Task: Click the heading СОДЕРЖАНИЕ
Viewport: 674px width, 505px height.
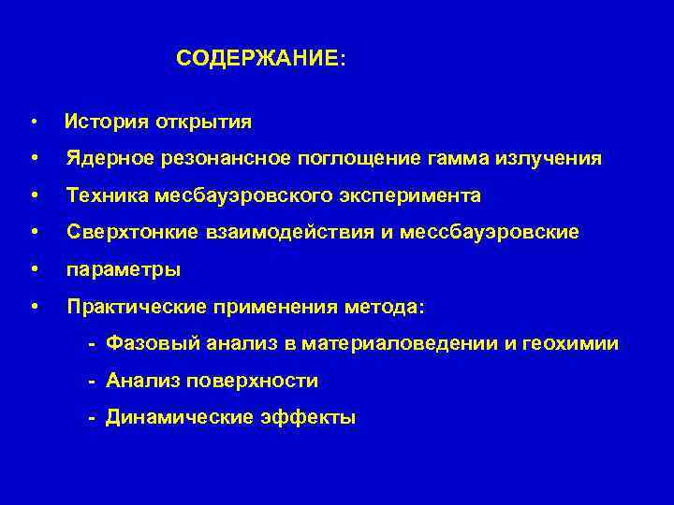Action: (x=259, y=58)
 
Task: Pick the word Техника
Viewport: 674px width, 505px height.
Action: (x=102, y=195)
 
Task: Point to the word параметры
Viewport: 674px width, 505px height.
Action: (x=123, y=269)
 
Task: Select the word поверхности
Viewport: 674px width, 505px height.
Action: (x=265, y=381)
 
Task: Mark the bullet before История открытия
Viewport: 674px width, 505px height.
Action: (x=34, y=123)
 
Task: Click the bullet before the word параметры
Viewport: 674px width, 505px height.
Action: (x=34, y=269)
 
